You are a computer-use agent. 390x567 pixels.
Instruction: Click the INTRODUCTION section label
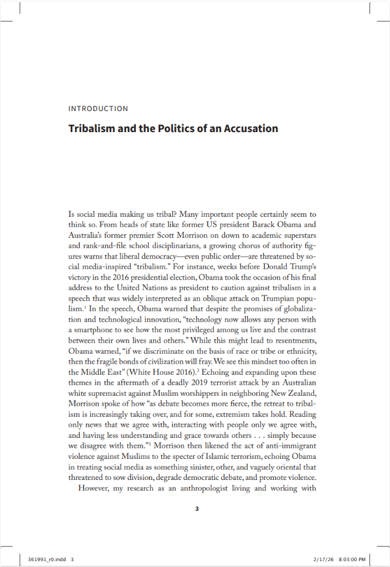click(x=98, y=109)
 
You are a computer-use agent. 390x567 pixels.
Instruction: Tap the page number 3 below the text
click(x=197, y=509)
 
